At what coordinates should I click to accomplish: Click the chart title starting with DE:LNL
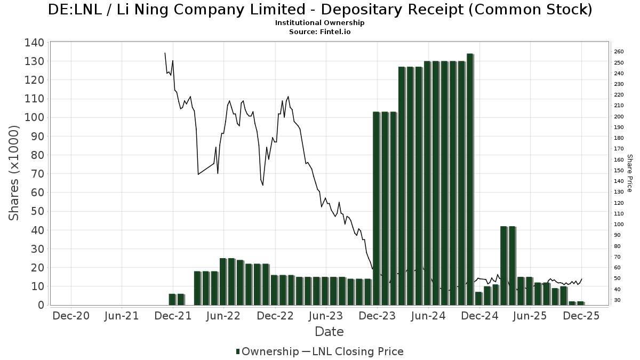[x=320, y=10]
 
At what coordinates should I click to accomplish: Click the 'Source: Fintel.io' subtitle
[x=320, y=31]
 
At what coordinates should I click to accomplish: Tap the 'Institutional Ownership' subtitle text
[x=320, y=23]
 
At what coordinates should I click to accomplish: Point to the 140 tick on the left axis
[x=34, y=43]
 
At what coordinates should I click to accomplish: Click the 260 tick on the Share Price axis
[x=619, y=52]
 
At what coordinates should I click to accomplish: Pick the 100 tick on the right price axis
[x=619, y=225]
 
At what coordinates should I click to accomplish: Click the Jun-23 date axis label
[x=326, y=316]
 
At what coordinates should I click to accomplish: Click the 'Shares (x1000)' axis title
[x=14, y=173]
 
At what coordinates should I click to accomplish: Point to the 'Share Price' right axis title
[x=629, y=173]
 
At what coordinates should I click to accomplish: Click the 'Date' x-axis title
[x=329, y=332]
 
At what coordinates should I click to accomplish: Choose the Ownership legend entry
[x=268, y=351]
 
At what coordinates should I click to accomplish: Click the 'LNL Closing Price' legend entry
[x=353, y=351]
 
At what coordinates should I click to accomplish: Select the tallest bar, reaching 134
[x=469, y=179]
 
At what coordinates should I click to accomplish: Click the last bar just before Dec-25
[x=580, y=303]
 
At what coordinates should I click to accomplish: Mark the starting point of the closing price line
[x=165, y=53]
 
